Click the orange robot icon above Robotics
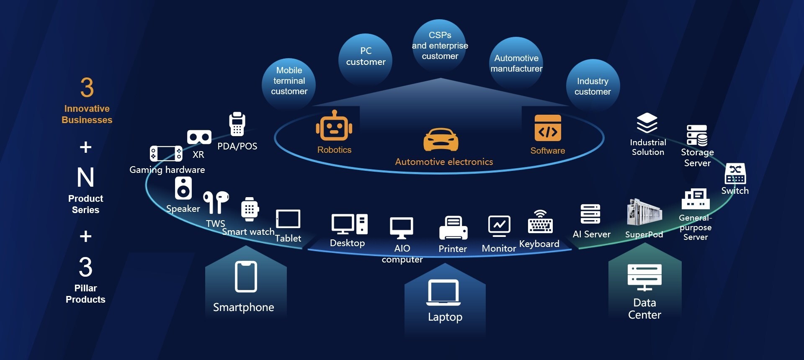click(x=334, y=126)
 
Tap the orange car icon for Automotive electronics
click(x=441, y=140)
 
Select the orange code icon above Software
click(x=548, y=128)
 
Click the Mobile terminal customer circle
click(x=289, y=81)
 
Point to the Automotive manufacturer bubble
click(x=516, y=63)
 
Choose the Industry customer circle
click(x=593, y=86)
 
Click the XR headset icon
click(x=199, y=137)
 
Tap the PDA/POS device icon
click(x=237, y=124)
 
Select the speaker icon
click(x=183, y=188)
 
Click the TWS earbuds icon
click(x=216, y=202)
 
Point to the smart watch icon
click(x=250, y=209)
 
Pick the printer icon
click(x=453, y=228)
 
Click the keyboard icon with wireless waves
click(x=540, y=221)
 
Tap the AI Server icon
click(x=590, y=214)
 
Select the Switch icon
click(x=735, y=174)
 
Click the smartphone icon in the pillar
click(x=246, y=277)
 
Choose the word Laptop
click(x=445, y=317)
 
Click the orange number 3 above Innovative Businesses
click(x=87, y=87)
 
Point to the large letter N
click(x=85, y=177)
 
